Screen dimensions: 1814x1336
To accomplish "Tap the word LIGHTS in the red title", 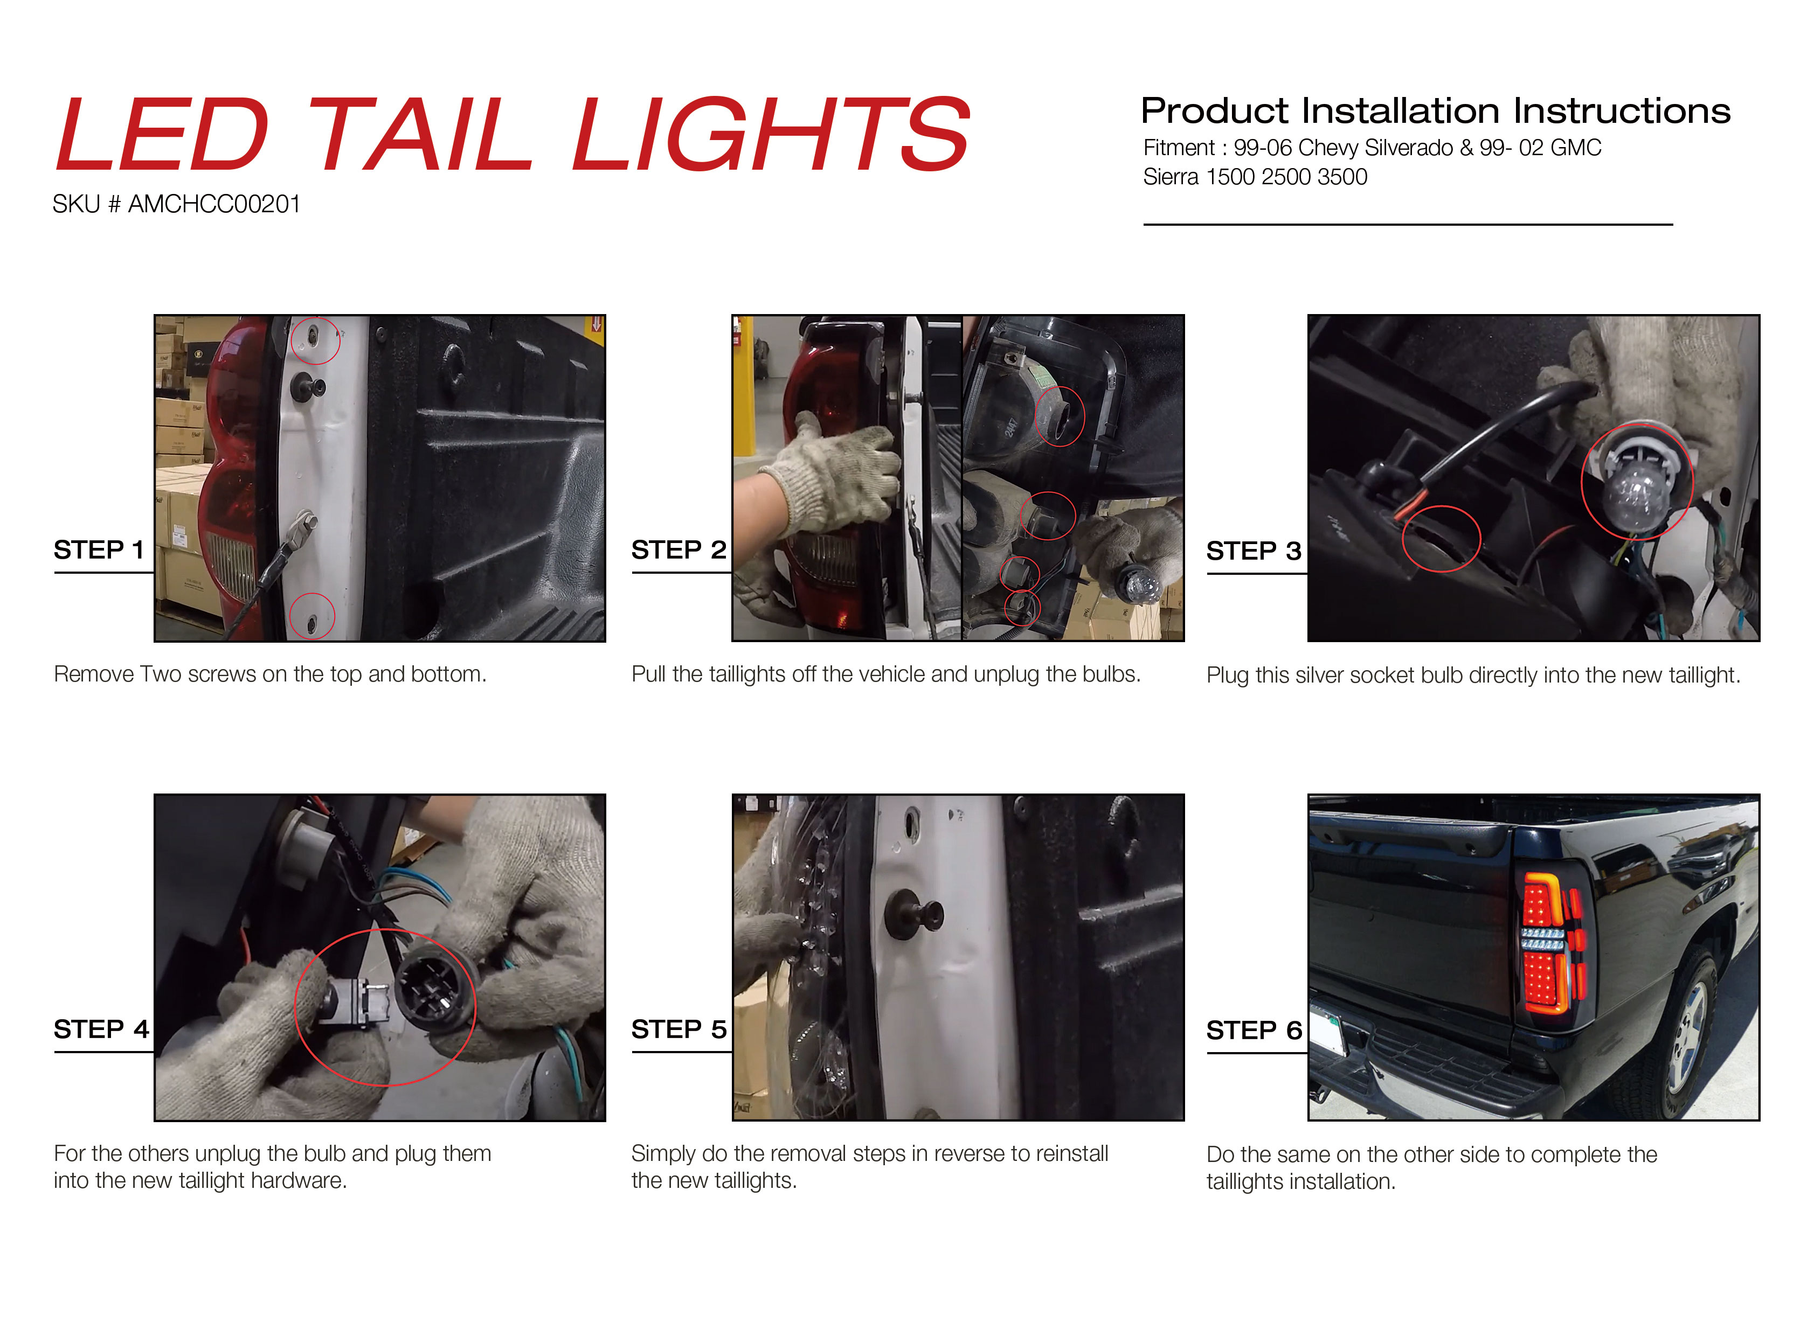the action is [x=771, y=134].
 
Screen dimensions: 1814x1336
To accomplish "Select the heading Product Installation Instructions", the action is [x=1435, y=111].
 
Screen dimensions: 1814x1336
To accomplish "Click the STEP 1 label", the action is [x=99, y=550].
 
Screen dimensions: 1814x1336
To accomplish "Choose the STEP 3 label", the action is [x=1254, y=551].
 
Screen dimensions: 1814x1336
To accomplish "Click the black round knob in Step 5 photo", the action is [x=915, y=916].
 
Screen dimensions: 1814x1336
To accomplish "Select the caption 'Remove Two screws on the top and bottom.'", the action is [x=270, y=674].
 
